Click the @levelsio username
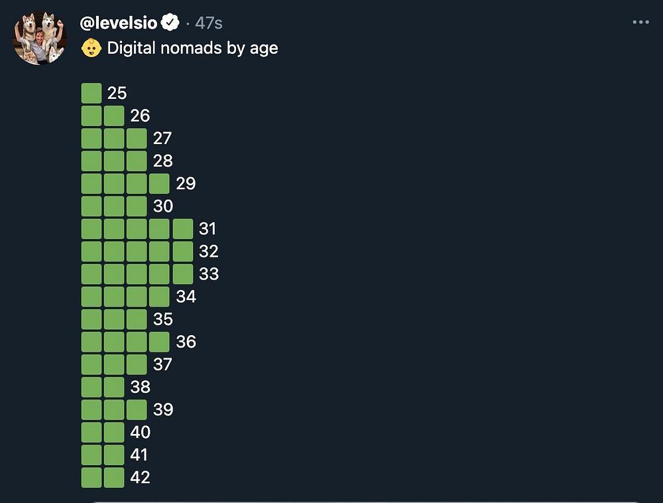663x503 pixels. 119,23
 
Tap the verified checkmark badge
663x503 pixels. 171,23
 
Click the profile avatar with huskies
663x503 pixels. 39,37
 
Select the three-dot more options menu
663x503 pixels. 640,23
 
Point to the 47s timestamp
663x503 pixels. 209,23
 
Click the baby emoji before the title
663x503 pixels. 91,48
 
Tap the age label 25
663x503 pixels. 117,94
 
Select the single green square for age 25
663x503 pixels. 91,94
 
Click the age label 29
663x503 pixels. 186,184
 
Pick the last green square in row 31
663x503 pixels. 183,229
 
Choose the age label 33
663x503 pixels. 208,274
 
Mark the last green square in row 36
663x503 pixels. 159,342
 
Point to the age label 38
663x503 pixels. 140,387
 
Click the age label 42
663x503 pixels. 140,477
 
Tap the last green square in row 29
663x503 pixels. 159,184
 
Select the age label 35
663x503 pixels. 163,319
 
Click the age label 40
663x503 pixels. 140,432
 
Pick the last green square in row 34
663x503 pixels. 159,297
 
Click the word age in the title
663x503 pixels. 263,48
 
